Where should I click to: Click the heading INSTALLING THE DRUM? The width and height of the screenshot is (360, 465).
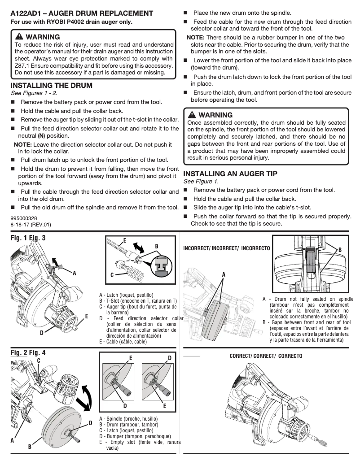coord(51,85)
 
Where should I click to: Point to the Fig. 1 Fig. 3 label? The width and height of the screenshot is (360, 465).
coord(28,238)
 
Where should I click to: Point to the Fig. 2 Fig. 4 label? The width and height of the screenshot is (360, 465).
coord(28,353)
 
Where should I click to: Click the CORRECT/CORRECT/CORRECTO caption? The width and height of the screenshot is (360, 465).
coord(266,356)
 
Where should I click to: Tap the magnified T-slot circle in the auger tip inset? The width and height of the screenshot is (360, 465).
coord(162,266)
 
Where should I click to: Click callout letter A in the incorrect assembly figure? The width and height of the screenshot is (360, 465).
coord(224,274)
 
